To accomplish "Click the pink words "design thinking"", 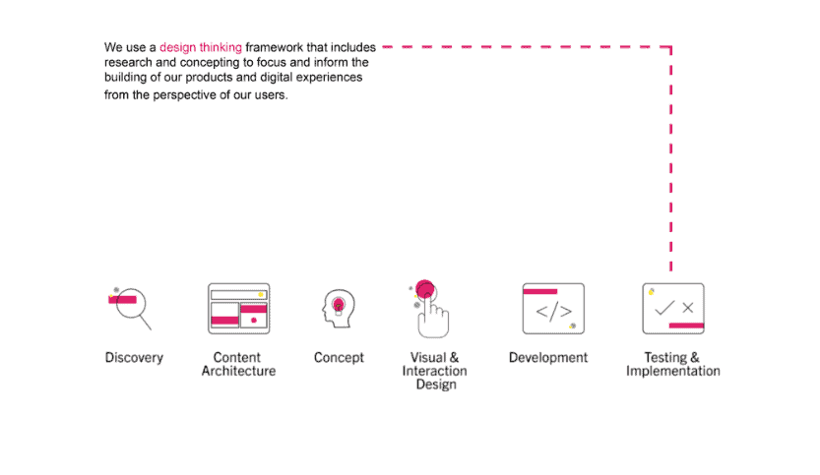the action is [201, 47].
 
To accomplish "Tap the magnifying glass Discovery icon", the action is [130, 308].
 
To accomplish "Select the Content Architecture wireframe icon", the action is [239, 308].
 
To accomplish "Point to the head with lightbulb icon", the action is [339, 308].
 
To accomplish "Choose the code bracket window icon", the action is [553, 308].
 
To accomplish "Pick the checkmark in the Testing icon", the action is [664, 308].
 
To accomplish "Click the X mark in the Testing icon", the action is [688, 308].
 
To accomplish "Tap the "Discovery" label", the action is [134, 358].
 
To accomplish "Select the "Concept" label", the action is [339, 358].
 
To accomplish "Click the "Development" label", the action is [548, 358].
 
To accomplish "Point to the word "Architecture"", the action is [238, 371].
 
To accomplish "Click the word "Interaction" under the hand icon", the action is [434, 371].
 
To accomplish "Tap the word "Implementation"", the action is [673, 372].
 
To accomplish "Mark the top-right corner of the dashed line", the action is [671, 47].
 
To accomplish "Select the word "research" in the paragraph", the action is [128, 63].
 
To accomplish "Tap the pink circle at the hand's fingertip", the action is [425, 289].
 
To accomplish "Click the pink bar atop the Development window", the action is [540, 291].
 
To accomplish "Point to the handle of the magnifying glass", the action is [146, 323].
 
